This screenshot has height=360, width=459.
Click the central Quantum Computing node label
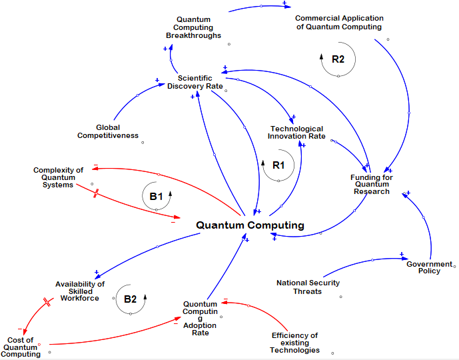[250, 225]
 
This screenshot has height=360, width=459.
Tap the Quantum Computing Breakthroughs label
[193, 27]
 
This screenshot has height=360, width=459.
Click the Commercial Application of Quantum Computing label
[338, 23]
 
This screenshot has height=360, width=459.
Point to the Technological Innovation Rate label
[296, 133]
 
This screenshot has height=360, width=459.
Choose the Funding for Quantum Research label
[372, 185]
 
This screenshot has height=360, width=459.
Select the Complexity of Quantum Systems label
[58, 177]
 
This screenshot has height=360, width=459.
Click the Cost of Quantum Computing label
[21, 347]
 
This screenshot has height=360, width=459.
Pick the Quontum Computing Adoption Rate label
[200, 318]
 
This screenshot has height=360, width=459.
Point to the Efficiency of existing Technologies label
[294, 343]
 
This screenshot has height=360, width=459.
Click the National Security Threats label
[308, 287]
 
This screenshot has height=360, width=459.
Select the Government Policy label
[429, 267]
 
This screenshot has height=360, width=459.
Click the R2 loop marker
[338, 59]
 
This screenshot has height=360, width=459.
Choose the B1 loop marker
[156, 197]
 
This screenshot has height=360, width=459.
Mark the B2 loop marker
[130, 299]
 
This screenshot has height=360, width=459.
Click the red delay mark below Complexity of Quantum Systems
[97, 193]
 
